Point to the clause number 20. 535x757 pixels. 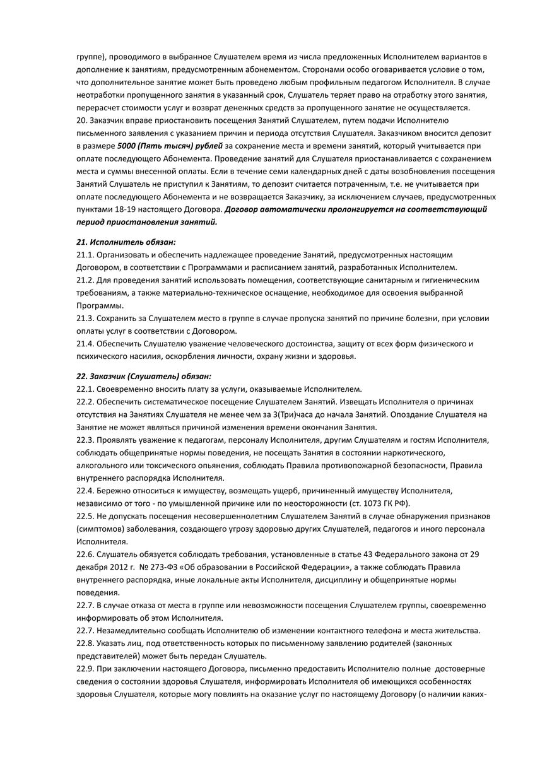(x=81, y=120)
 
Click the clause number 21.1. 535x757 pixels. (x=84, y=254)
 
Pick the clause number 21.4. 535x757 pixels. (x=84, y=344)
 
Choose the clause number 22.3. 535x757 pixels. (x=84, y=440)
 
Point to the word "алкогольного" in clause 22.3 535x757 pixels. (x=103, y=465)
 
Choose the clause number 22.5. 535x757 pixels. (x=84, y=516)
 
